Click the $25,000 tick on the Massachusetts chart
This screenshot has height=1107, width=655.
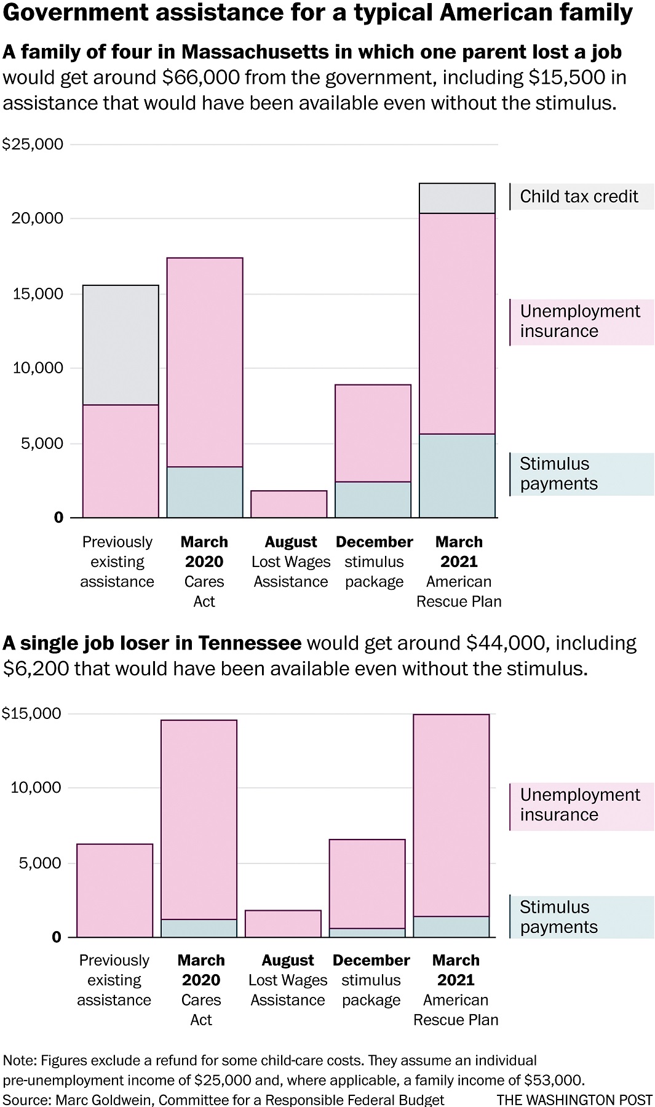coord(33,145)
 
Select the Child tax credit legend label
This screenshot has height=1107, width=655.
coord(579,197)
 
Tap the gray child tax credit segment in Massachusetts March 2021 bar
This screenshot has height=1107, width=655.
coord(457,199)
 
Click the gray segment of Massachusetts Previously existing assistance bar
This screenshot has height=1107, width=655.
coord(121,345)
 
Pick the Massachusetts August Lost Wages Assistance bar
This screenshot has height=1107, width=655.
coord(288,504)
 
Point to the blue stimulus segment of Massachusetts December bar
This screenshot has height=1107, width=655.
coord(373,499)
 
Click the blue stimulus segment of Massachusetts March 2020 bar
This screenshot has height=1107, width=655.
coord(204,492)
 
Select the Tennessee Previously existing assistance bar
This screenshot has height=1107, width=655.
coord(114,891)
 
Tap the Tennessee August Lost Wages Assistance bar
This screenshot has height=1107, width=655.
coord(283,924)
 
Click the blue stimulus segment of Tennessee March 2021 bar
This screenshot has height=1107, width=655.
coord(451,927)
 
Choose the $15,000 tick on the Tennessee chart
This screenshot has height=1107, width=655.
coord(32,713)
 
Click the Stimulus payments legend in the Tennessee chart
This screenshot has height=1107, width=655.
coord(558,917)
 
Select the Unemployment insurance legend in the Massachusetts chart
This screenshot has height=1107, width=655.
coord(579,321)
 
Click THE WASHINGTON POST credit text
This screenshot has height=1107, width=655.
coord(574,1100)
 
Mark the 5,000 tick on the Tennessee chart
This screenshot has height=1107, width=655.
coord(41,863)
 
